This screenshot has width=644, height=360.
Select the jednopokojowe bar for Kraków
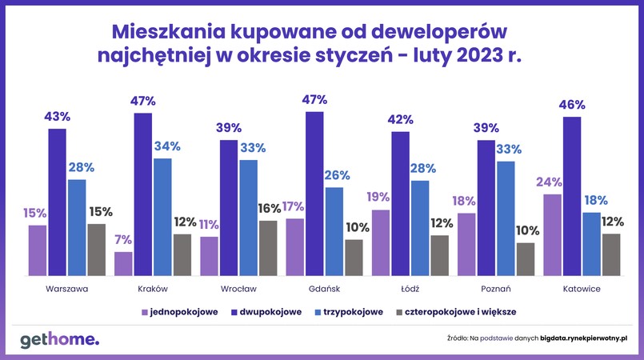coord(123,263)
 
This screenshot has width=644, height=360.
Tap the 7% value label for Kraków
coord(122,239)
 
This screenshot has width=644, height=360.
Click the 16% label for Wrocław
coord(269,208)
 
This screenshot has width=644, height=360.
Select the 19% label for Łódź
coord(378,198)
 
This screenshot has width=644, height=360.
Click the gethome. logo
coord(60,339)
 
